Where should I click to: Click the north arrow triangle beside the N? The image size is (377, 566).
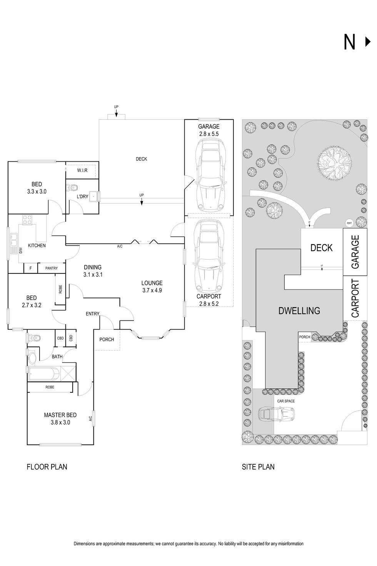click(367, 42)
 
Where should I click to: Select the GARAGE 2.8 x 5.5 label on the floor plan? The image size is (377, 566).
click(209, 130)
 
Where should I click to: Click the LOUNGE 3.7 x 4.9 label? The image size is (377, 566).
click(152, 286)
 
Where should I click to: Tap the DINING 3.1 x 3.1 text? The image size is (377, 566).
click(93, 271)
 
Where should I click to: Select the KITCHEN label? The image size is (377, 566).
click(37, 245)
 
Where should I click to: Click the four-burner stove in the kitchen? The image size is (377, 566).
click(27, 220)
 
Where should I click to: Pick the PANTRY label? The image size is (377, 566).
click(51, 268)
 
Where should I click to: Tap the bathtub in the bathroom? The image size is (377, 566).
click(43, 374)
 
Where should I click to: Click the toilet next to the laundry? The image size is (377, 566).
click(73, 188)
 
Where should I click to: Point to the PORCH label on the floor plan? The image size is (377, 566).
click(107, 339)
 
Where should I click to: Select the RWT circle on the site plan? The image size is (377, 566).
click(349, 223)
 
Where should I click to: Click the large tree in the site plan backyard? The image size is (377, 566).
click(334, 163)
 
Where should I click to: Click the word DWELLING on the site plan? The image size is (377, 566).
click(299, 310)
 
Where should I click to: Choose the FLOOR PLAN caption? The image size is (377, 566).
click(47, 467)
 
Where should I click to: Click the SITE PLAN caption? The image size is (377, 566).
click(258, 467)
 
